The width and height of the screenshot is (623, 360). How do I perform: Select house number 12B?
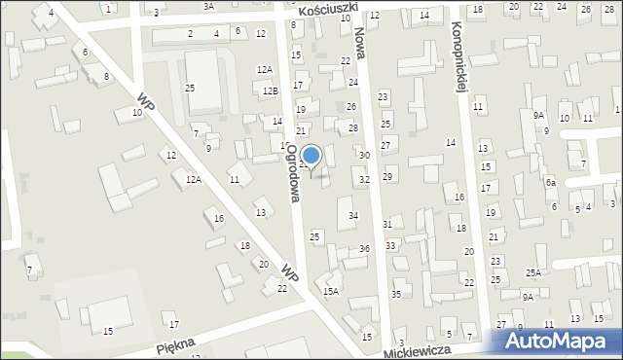tap(271, 90)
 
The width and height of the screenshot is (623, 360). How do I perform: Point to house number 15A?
tap(331, 291)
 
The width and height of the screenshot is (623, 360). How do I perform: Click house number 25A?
tap(533, 273)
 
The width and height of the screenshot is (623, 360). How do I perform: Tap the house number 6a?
tap(550, 183)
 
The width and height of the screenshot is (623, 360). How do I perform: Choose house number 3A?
tap(208, 6)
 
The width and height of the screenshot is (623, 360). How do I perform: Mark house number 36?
tap(364, 249)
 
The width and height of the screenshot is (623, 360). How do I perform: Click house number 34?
tap(353, 215)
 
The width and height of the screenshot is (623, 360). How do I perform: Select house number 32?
tap(364, 180)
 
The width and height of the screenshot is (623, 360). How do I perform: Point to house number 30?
tap(364, 156)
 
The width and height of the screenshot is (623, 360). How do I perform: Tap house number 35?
tap(396, 294)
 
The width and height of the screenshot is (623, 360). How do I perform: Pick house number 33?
tap(390, 246)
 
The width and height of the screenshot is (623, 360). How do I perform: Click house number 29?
tap(387, 176)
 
